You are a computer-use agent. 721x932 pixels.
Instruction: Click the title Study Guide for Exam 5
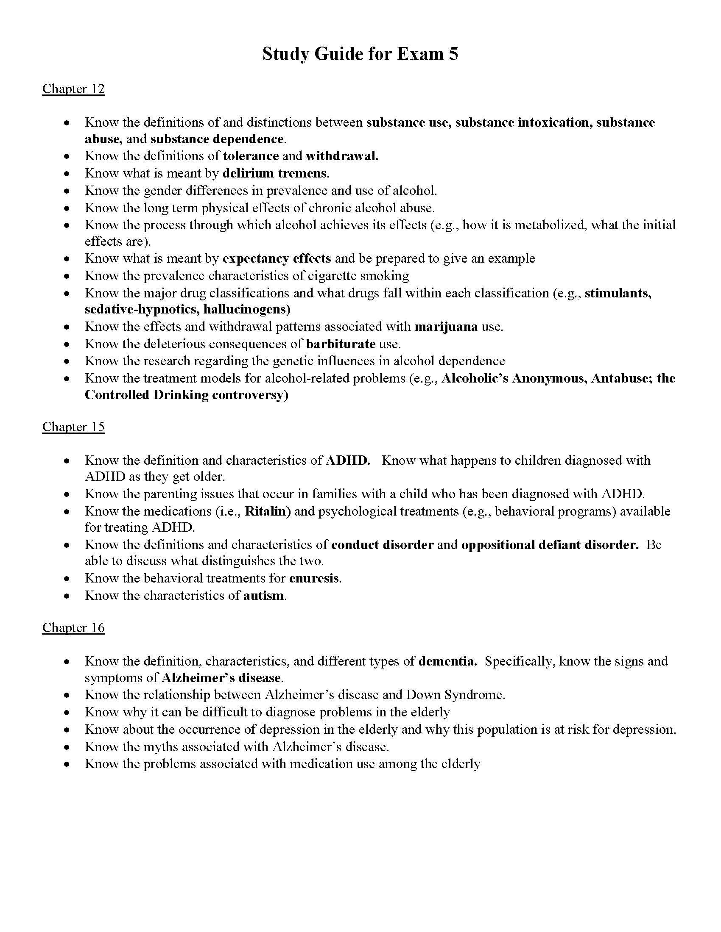360,54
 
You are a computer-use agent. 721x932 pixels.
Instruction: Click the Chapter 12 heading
73,89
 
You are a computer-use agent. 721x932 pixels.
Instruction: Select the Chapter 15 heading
73,427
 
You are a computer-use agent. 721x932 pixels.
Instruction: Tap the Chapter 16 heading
73,628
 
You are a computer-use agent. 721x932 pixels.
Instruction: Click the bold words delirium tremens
275,173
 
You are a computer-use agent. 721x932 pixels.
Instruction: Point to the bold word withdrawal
342,156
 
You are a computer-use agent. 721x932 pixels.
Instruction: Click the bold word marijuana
446,327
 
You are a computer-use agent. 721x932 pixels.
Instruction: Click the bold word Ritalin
267,511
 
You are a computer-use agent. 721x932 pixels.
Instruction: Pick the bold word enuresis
314,578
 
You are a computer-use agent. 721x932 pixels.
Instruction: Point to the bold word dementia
447,661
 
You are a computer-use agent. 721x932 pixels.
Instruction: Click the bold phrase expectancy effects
277,258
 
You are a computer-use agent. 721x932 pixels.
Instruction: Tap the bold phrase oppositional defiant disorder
550,545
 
